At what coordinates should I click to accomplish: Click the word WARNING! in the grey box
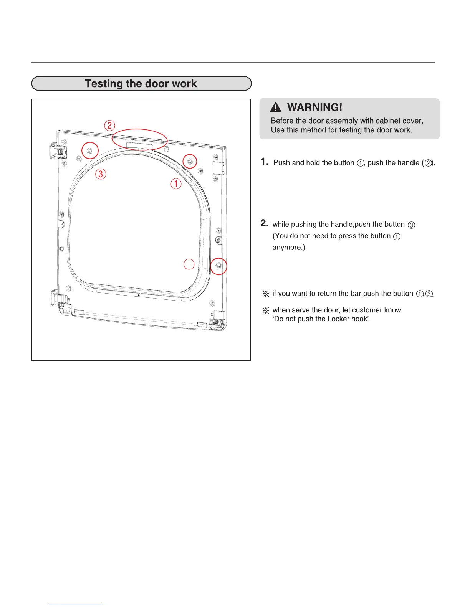pyautogui.click(x=314, y=107)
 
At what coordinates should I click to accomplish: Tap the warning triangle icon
pyautogui.click(x=276, y=107)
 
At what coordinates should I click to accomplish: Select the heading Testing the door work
pyautogui.click(x=141, y=84)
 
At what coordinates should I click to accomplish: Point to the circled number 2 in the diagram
pyautogui.click(x=110, y=125)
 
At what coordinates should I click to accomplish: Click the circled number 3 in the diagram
pyautogui.click(x=101, y=174)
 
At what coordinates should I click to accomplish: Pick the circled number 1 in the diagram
pyautogui.click(x=176, y=184)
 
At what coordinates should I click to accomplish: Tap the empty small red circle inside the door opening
pyautogui.click(x=189, y=264)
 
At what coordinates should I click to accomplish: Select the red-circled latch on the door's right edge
pyautogui.click(x=219, y=266)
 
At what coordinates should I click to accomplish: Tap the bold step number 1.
pyautogui.click(x=264, y=162)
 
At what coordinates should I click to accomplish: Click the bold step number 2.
pyautogui.click(x=264, y=223)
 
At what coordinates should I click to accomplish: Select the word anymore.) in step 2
pyautogui.click(x=289, y=248)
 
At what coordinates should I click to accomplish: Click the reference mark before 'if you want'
pyautogui.click(x=265, y=294)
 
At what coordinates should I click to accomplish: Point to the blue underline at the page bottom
pyautogui.click(x=76, y=605)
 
